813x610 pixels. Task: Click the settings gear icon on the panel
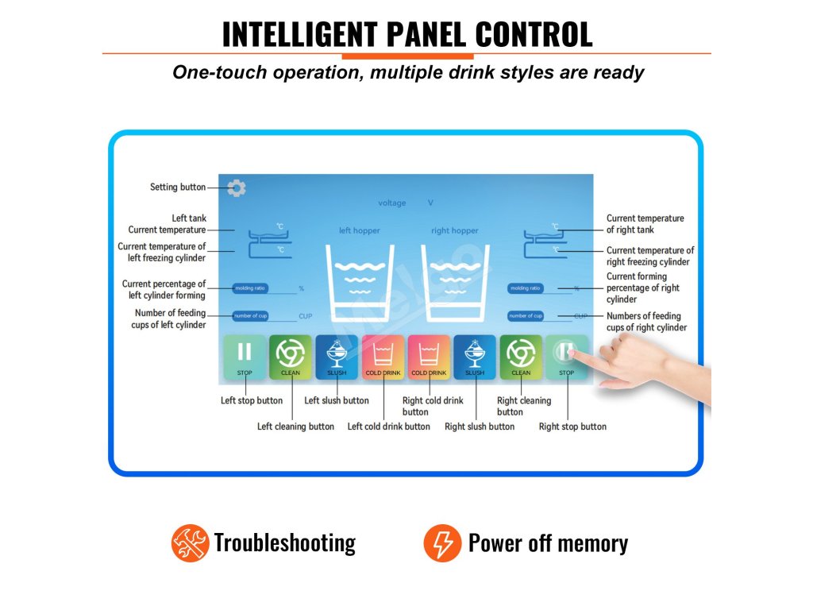pos(236,188)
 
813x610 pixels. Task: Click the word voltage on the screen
pos(391,203)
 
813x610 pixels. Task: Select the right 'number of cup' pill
pos(526,316)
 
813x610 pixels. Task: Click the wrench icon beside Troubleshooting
pos(190,543)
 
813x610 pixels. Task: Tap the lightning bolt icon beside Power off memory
pos(442,543)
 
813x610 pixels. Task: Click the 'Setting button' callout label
pos(178,187)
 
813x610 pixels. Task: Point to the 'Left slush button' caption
pos(337,400)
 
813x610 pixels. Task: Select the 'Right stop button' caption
pos(572,427)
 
